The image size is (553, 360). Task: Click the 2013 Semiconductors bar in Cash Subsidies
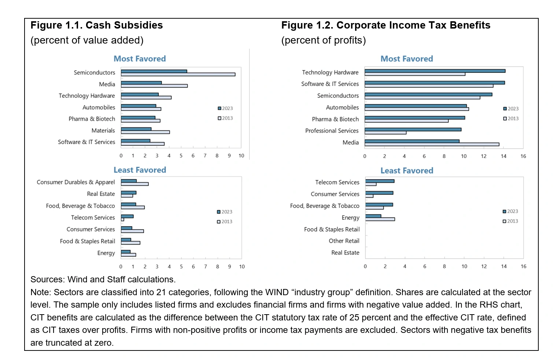(x=178, y=74)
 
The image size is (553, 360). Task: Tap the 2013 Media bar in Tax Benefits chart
(x=432, y=144)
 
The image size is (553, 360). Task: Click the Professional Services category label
(x=332, y=131)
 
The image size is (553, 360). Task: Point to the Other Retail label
(x=344, y=241)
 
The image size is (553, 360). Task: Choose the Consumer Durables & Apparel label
(x=75, y=182)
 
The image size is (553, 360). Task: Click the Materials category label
(x=103, y=131)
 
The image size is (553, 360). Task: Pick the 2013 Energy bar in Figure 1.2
(x=380, y=219)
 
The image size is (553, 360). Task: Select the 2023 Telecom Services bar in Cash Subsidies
(x=127, y=216)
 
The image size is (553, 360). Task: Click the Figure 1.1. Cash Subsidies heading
(x=96, y=25)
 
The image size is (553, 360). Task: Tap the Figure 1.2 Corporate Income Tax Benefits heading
(x=386, y=25)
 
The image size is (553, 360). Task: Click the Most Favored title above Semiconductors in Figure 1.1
(x=140, y=59)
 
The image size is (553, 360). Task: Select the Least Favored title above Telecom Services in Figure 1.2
(x=407, y=171)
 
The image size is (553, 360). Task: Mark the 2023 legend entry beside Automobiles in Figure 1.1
(x=225, y=108)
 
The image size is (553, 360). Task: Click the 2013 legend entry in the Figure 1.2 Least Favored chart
(x=510, y=221)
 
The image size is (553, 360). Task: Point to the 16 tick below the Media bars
(x=523, y=156)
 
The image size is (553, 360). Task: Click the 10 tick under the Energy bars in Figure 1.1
(x=242, y=267)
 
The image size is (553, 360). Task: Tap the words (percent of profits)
(x=323, y=40)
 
